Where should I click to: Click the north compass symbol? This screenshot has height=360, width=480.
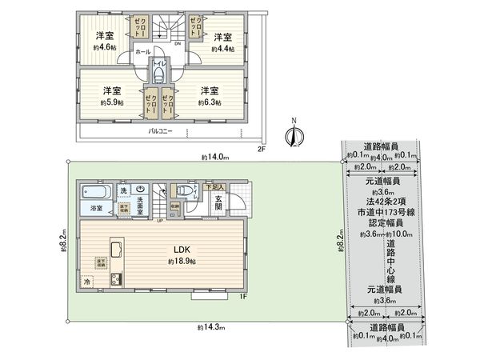point(294,137)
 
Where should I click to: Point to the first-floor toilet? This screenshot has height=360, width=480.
point(186,191)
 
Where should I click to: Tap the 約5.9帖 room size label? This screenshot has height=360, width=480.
point(110,102)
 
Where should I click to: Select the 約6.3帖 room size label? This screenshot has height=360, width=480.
point(210,102)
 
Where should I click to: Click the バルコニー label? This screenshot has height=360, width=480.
point(162,130)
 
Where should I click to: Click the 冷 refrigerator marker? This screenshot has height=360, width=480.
point(87,282)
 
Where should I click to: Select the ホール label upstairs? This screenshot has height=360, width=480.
point(142,50)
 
